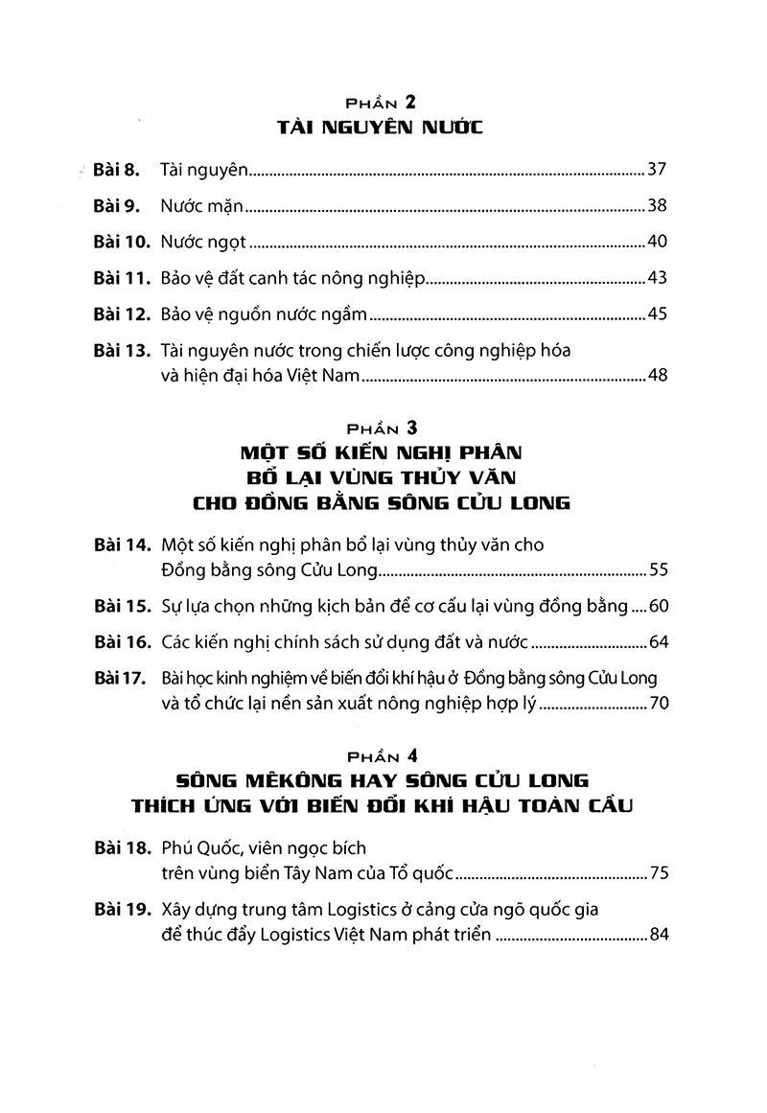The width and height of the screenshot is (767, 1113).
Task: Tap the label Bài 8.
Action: [x=118, y=171]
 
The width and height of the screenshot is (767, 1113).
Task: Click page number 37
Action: [x=657, y=171]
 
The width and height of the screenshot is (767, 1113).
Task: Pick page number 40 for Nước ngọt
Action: [x=657, y=241]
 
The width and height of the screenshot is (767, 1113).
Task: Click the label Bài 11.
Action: [x=122, y=277]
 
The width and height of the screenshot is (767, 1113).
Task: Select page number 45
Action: [x=657, y=313]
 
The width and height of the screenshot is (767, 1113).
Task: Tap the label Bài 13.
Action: [x=122, y=350]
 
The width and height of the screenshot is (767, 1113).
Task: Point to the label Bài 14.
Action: [x=122, y=545]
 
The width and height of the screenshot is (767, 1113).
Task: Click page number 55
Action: [x=657, y=571]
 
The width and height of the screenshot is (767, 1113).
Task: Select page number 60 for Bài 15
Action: [x=657, y=606]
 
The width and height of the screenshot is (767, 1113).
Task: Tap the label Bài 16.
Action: [x=122, y=641]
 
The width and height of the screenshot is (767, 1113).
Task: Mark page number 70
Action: [x=657, y=704]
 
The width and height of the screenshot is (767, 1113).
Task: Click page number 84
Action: [x=657, y=933]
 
